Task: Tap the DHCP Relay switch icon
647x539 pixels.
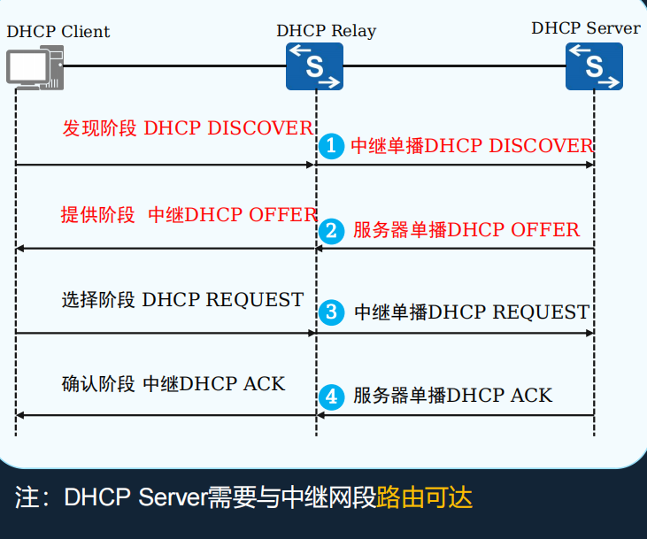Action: [x=314, y=66]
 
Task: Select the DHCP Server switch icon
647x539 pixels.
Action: [x=594, y=65]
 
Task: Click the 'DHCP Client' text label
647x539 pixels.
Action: [x=58, y=32]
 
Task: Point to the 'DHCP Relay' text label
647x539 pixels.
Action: [x=326, y=31]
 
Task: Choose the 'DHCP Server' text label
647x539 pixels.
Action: [x=585, y=28]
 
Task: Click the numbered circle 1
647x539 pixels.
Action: [x=331, y=146]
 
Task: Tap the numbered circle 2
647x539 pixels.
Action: [x=331, y=231]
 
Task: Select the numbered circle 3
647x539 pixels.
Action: [x=331, y=312]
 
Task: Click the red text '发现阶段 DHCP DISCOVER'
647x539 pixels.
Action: [x=187, y=128]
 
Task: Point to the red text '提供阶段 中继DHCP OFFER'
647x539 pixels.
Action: [x=189, y=215]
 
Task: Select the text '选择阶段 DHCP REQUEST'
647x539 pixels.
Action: [x=183, y=300]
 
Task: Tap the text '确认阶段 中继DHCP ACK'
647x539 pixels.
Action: [x=173, y=384]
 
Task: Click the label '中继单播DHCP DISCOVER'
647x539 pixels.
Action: [x=472, y=146]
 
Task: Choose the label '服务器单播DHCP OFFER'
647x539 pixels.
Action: [x=466, y=231]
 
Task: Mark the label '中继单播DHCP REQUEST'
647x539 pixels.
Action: [x=472, y=312]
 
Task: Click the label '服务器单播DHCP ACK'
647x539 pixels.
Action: [x=453, y=396]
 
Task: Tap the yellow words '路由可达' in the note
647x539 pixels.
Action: [x=425, y=497]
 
